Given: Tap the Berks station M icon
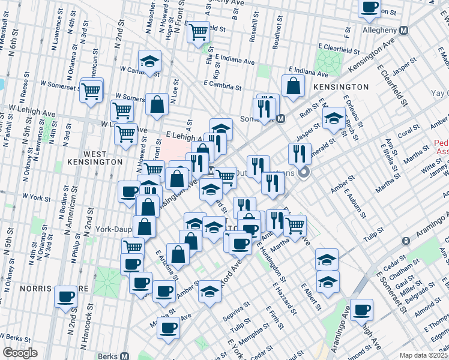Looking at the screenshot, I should pyautogui.click(x=125, y=355).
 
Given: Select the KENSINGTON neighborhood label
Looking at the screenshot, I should pyautogui.click(x=340, y=87).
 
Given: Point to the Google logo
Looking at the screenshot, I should pyautogui.click(x=20, y=353).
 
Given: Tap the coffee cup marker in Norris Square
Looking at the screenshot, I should pyautogui.click(x=66, y=296).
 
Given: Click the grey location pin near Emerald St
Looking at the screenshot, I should pyautogui.click(x=304, y=173).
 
